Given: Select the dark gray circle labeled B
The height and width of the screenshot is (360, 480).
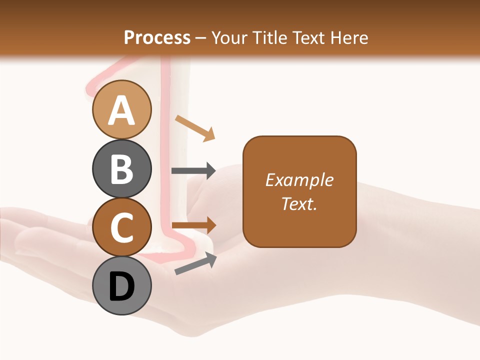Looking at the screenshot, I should point(121,168).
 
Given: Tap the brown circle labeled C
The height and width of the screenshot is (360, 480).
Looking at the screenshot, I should point(121,227).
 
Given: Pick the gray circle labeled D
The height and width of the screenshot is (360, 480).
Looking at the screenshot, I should point(121,285).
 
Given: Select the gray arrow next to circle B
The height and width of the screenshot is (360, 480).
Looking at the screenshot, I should point(193,171).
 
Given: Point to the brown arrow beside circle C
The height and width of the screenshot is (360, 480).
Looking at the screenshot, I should point(193,225).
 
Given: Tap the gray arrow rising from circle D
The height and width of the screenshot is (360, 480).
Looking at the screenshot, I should point(196,263).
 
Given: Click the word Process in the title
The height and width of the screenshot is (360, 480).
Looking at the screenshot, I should point(157,38).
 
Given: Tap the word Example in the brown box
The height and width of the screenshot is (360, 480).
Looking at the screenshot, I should point(299,180).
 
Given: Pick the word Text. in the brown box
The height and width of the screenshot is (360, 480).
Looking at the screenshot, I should point(299,203).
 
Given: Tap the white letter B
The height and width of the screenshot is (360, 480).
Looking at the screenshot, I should point(121,169).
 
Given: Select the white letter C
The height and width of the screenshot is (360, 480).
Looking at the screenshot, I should point(121,227).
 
